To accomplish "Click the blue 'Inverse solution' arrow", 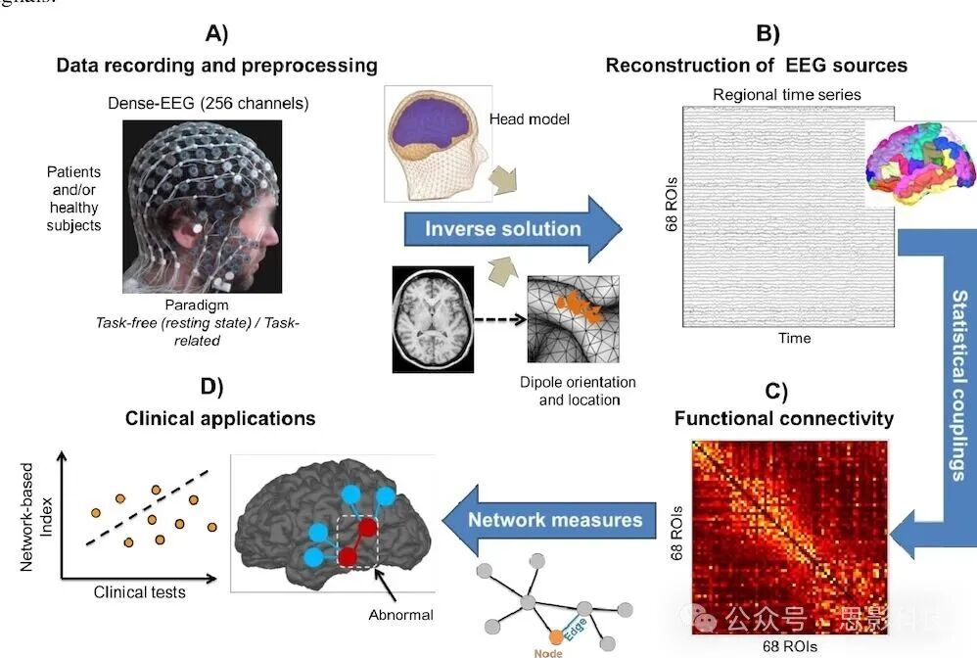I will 503,230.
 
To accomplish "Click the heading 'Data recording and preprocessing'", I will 216,66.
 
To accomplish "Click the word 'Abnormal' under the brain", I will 402,614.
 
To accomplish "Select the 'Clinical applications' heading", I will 220,418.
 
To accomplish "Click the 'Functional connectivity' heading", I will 784,419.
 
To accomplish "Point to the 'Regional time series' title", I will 787,94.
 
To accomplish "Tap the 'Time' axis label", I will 794,338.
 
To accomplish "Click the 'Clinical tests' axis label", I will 139,592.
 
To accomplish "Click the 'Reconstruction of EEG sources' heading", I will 757,66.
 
